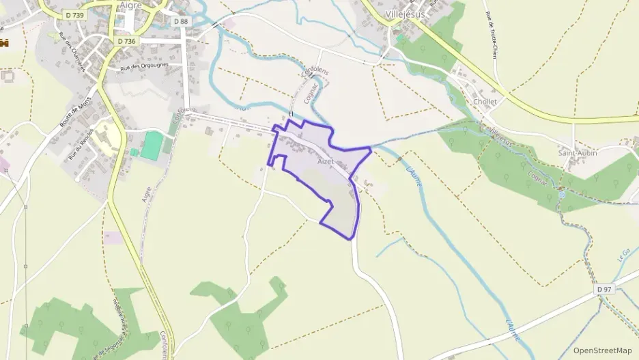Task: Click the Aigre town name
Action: pos(130,5)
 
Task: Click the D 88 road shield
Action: pos(180,21)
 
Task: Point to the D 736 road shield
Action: pos(126,41)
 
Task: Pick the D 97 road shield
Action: pos(603,290)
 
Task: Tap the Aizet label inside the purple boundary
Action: pos(326,161)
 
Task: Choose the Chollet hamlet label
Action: pos(485,102)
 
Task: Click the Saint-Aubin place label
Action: pos(577,153)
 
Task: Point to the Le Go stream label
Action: pos(623,255)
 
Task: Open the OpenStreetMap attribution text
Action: pos(603,350)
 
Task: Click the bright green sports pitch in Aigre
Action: pos(152,145)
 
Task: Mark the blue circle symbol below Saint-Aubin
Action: pos(561,195)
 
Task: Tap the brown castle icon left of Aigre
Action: pos(4,43)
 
